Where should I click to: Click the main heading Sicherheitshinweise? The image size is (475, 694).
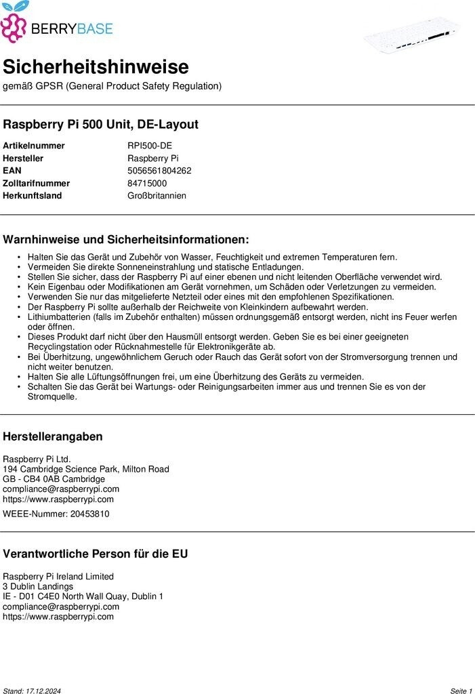96,67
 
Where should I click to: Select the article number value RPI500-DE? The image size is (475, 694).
150,146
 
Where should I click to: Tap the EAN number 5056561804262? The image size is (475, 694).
159,171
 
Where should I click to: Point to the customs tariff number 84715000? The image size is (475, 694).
147,183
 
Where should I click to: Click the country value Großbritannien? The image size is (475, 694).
157,196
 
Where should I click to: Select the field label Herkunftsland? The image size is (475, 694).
33,196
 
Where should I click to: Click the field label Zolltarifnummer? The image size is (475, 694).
37,183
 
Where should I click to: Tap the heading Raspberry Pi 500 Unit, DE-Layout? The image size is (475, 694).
101,125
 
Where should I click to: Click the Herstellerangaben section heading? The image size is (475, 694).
53,436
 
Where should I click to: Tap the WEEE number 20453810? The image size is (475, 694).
85,514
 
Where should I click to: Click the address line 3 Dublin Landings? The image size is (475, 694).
38,586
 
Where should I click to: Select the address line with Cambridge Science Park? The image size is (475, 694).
86,469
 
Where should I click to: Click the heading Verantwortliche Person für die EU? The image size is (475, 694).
96,554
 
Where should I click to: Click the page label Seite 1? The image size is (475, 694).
461,691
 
